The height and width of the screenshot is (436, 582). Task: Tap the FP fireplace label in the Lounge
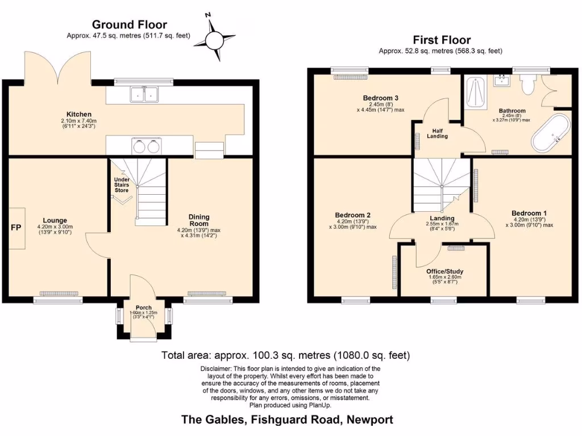tap(15, 228)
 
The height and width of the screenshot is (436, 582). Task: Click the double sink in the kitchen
tap(144, 94)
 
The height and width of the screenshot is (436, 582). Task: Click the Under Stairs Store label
tap(122, 185)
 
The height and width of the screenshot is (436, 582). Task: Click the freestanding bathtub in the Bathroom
tap(549, 134)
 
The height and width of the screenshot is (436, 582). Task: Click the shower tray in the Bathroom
tap(474, 93)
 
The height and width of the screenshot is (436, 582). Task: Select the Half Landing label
tap(438, 133)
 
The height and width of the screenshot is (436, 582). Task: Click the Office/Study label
tap(445, 271)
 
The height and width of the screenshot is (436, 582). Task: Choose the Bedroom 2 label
tap(352, 215)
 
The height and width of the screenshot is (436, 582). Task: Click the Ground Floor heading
tap(130, 24)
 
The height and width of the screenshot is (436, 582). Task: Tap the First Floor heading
tap(441, 40)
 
